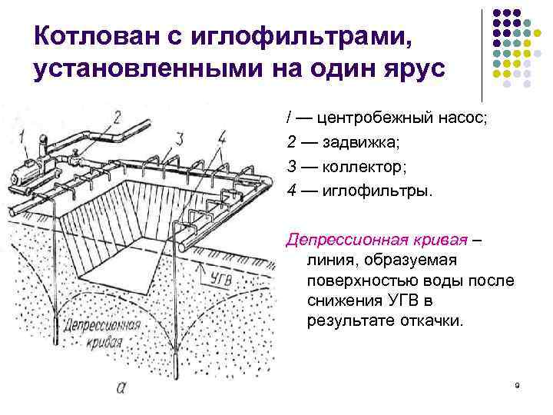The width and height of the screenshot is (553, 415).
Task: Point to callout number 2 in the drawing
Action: pos(116,116)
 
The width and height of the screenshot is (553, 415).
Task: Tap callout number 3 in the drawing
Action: pos(178,138)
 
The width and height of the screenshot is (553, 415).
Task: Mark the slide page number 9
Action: pos(518,384)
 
